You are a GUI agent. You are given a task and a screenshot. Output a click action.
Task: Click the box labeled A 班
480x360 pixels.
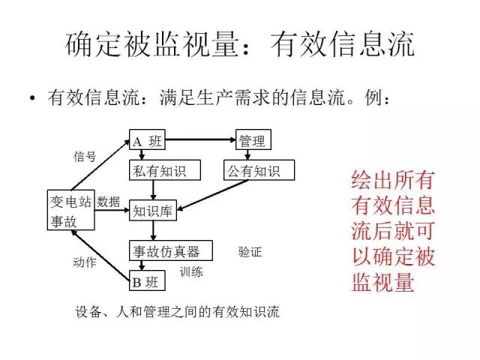click(x=148, y=140)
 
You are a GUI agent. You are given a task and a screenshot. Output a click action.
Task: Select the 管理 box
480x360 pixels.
click(x=251, y=140)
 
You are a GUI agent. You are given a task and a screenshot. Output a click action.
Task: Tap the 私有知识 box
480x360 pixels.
click(x=157, y=172)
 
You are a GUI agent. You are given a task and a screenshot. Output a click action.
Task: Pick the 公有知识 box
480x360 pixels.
click(x=259, y=172)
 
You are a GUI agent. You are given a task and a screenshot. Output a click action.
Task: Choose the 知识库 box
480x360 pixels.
click(x=153, y=211)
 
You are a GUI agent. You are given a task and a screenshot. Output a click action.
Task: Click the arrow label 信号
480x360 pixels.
click(x=85, y=157)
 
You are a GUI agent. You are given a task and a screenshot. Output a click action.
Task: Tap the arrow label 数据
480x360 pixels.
click(x=109, y=201)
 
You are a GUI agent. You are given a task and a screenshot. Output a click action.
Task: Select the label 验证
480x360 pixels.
click(x=250, y=251)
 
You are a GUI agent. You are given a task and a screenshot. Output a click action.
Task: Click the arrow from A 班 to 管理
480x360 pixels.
click(x=201, y=140)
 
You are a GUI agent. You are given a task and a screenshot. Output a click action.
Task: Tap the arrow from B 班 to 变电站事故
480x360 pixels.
click(x=100, y=256)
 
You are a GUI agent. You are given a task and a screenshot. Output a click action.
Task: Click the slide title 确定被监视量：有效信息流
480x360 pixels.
click(x=240, y=45)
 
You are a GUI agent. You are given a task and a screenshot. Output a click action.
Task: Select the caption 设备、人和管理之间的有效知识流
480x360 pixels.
click(x=178, y=311)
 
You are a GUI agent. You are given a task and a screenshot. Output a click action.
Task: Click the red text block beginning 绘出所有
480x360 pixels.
click(x=394, y=232)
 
